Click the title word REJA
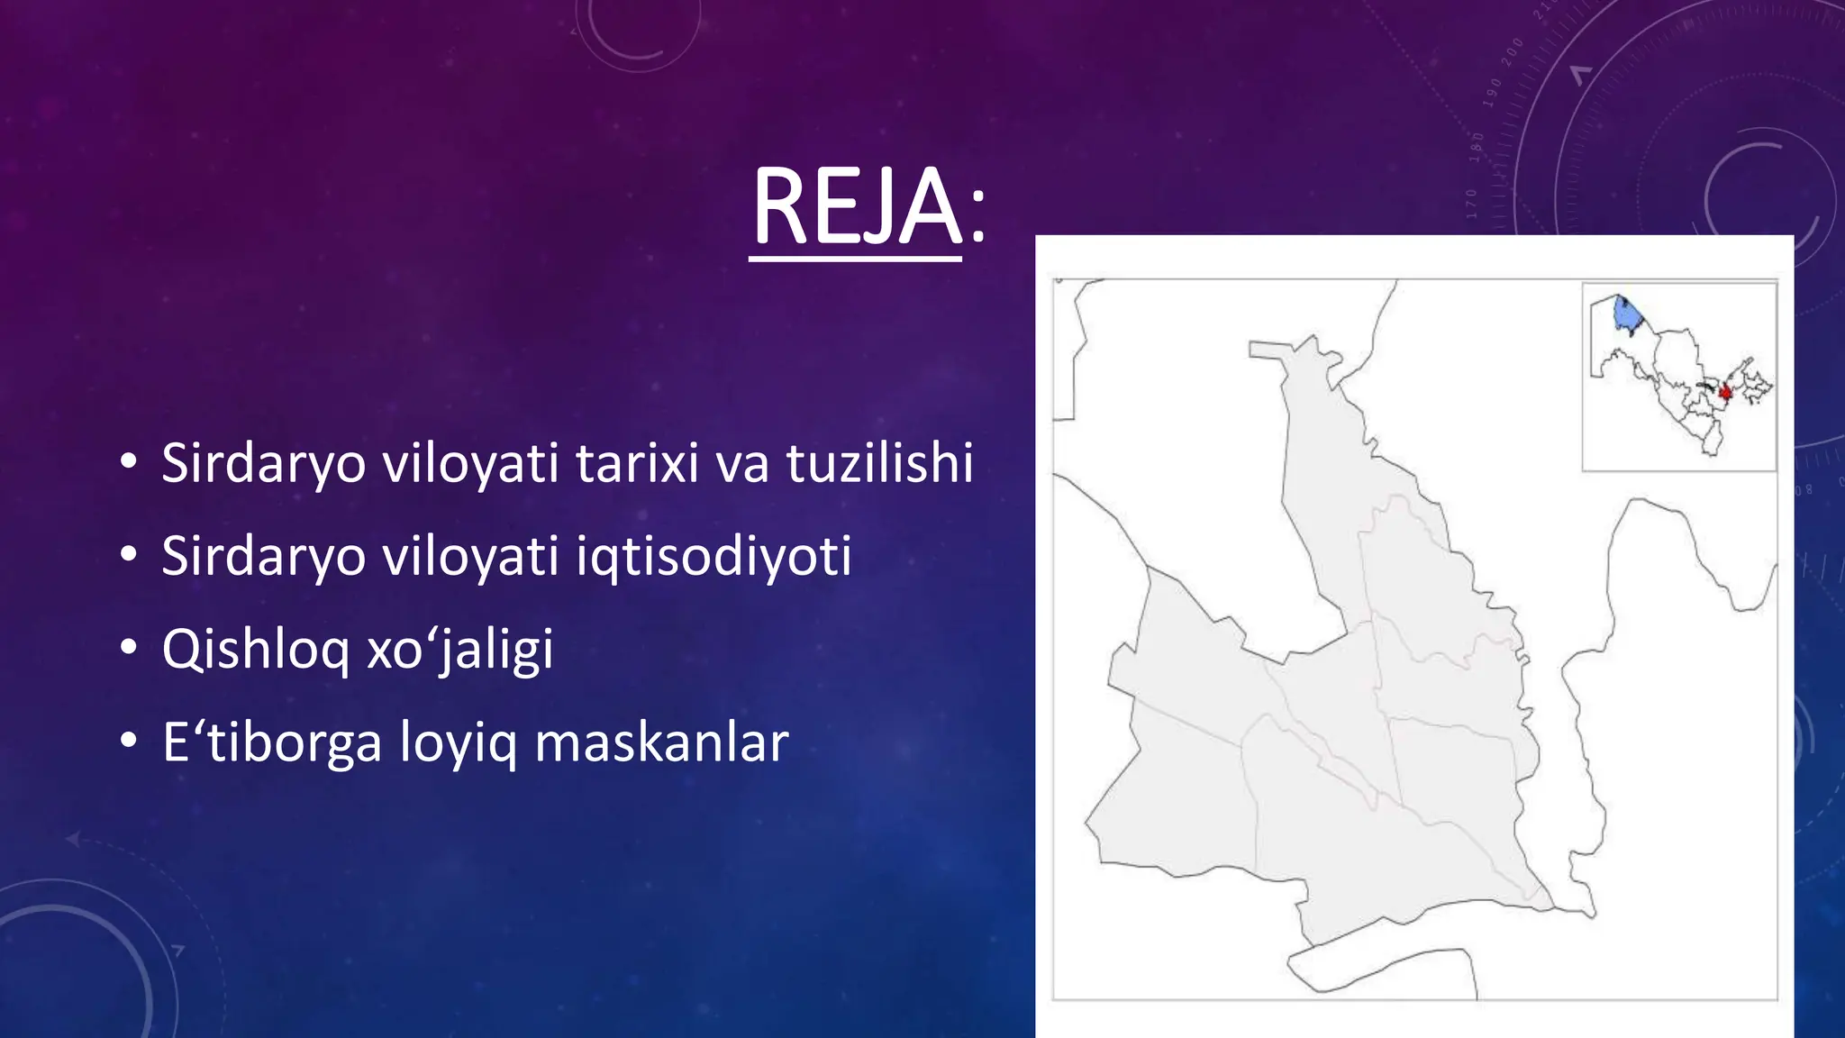point(856,208)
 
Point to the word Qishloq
point(255,650)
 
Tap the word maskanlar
point(661,743)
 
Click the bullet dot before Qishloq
point(129,648)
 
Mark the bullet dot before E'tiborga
point(129,742)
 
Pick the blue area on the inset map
point(1624,315)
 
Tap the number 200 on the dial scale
point(1512,52)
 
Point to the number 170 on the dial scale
point(1472,204)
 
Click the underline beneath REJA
point(855,259)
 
